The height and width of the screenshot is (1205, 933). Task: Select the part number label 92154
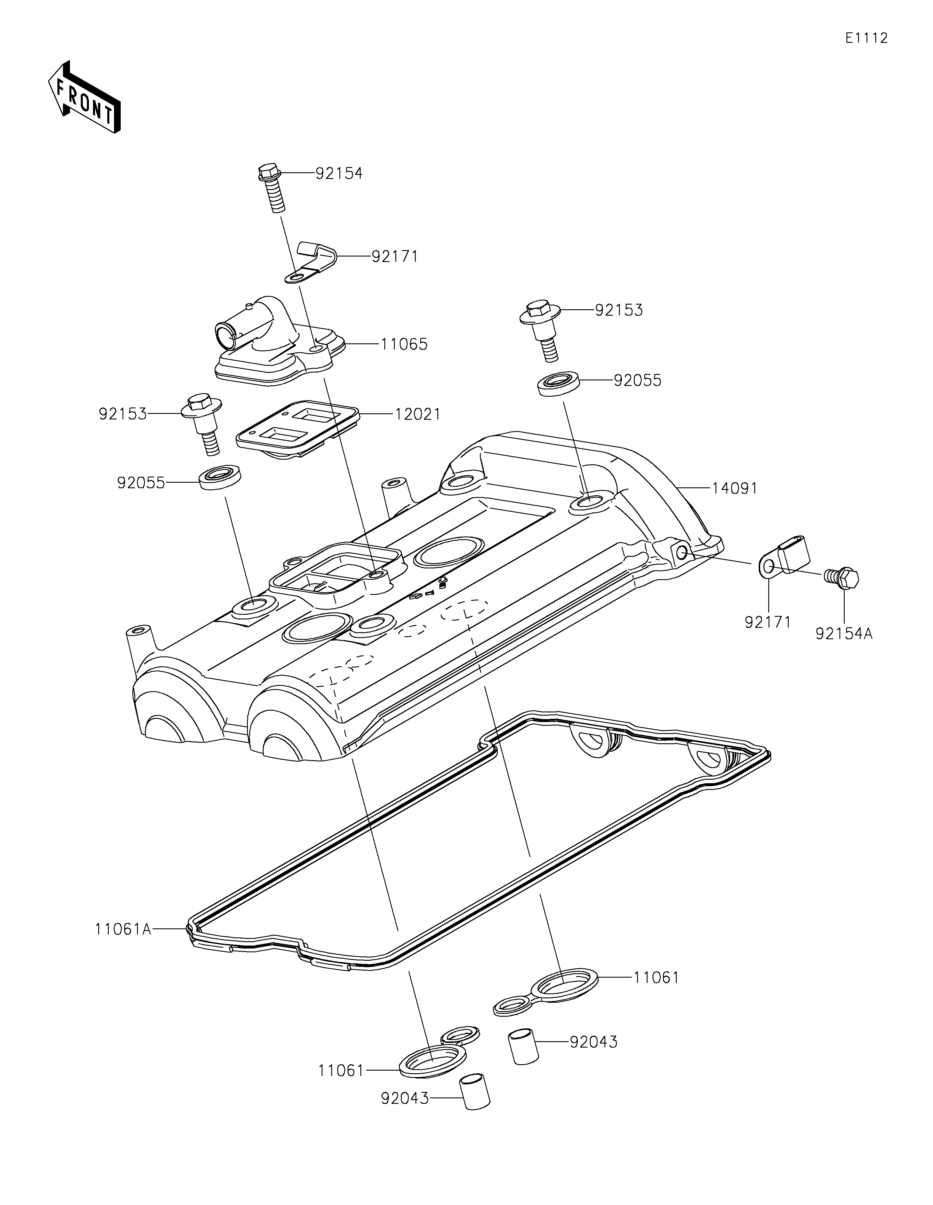click(x=339, y=173)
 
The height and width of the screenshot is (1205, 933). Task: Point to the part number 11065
click(x=404, y=344)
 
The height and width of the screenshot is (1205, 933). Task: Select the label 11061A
click(x=122, y=930)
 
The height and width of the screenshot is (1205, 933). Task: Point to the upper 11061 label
click(x=656, y=978)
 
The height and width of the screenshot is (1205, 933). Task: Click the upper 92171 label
click(x=395, y=257)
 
